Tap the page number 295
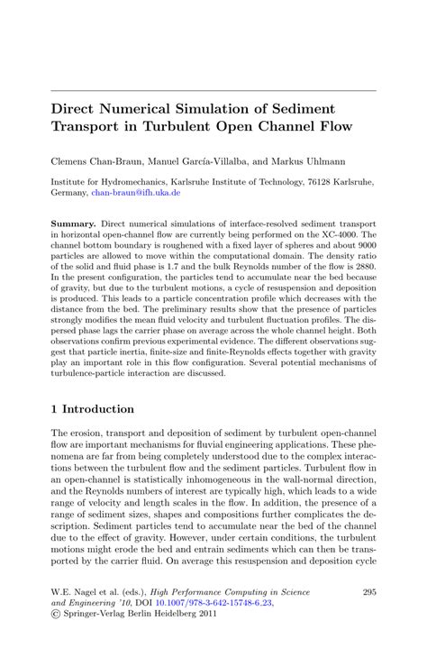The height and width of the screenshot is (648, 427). (x=367, y=592)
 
